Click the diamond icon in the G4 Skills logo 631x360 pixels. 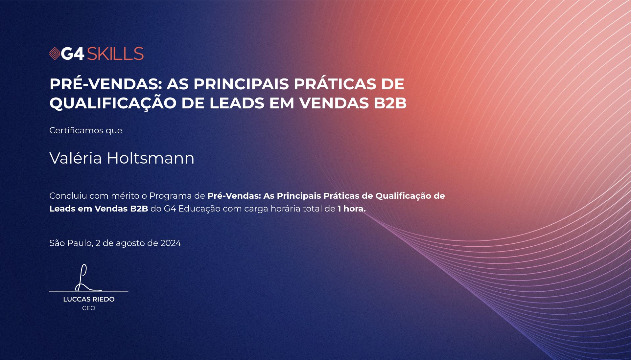coord(55,54)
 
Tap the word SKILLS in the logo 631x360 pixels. coord(115,54)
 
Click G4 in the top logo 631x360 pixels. coord(73,54)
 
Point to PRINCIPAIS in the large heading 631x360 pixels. coord(242,84)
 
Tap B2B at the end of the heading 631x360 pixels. coord(390,103)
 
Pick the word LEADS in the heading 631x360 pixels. coord(237,103)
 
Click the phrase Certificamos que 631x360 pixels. coord(86,130)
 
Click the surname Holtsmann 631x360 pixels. coord(151,158)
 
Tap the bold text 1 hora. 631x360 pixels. coord(352,209)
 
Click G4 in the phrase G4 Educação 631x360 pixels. coord(170,209)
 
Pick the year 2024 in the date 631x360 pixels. coord(171,243)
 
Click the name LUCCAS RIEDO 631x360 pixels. coord(89,299)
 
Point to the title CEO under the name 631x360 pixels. coord(89,308)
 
